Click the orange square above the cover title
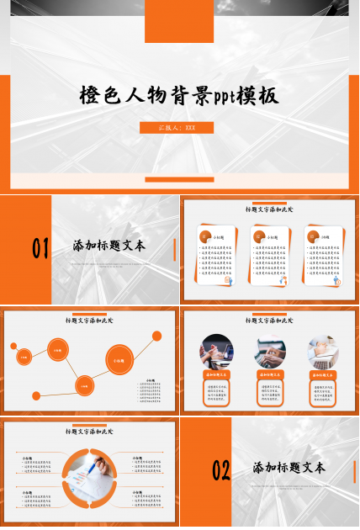tap(178, 22)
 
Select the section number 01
tap(40, 247)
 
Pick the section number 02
tap(220, 470)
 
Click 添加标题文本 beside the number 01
tap(109, 246)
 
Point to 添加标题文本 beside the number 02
tap(289, 468)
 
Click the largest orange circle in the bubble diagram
tap(119, 360)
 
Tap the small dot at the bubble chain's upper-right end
tap(157, 336)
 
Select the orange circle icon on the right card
tap(313, 236)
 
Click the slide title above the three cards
tap(269, 209)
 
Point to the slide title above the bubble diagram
tap(90, 321)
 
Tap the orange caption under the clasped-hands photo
tap(217, 374)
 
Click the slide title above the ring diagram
tap(90, 432)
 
